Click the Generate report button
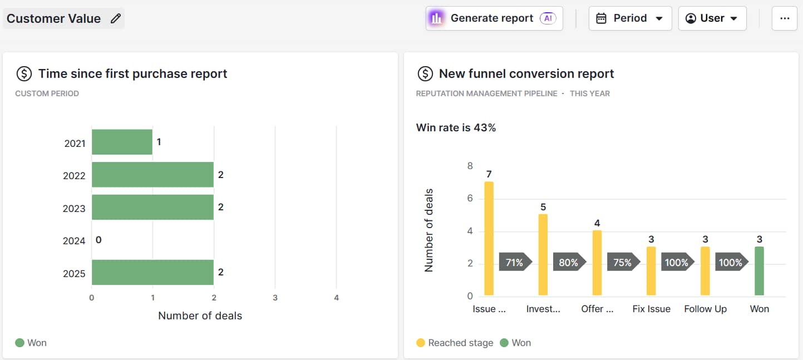click(x=494, y=18)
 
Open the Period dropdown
click(x=630, y=18)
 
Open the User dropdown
click(x=712, y=18)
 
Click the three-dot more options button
click(x=784, y=18)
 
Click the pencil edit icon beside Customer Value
click(x=116, y=18)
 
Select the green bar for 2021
click(x=122, y=142)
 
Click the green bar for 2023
click(x=152, y=207)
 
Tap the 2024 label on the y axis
click(x=74, y=241)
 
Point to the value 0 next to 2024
click(x=98, y=240)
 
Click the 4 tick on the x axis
click(x=336, y=298)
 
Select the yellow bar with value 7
click(x=489, y=238)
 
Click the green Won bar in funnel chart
click(x=759, y=271)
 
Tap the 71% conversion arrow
click(x=515, y=262)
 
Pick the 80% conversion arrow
click(x=569, y=262)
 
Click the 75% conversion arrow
click(x=623, y=262)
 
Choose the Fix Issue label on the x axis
click(x=651, y=309)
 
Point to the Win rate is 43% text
click(x=456, y=127)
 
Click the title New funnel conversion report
click(x=526, y=73)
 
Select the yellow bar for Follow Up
click(x=705, y=271)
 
